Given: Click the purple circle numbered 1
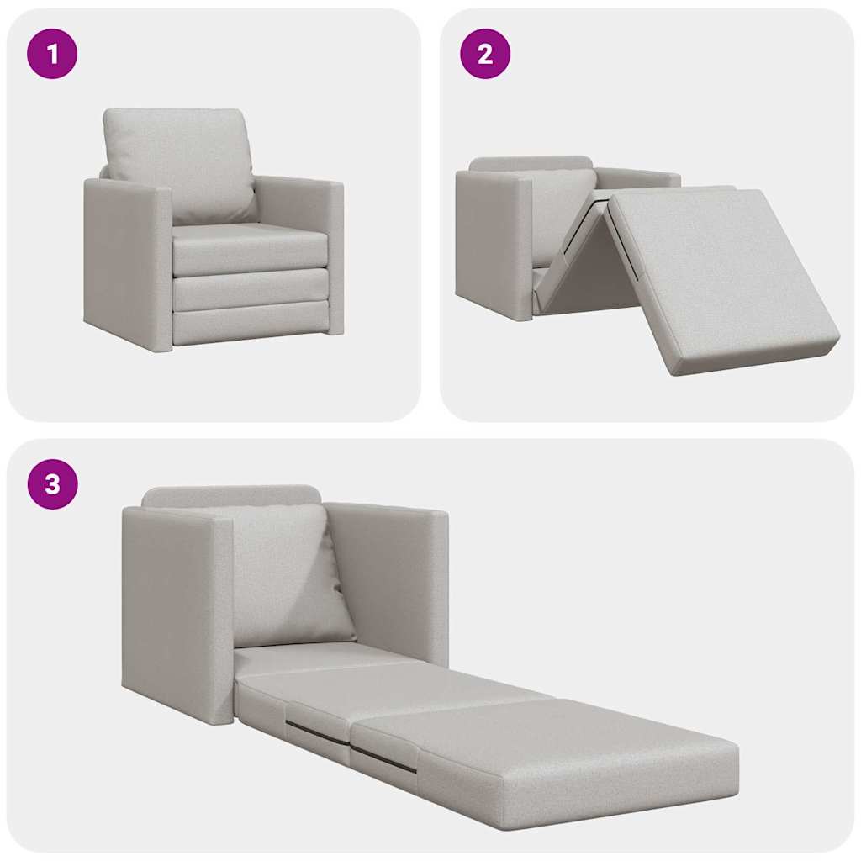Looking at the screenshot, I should pos(52,54).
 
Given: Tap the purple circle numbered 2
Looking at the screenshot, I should pos(484,54).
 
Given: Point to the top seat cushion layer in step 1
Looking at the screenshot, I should pos(250,247).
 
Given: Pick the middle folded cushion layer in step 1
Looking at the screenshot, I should pos(250,288).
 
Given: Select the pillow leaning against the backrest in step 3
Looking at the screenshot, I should pos(286,576).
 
